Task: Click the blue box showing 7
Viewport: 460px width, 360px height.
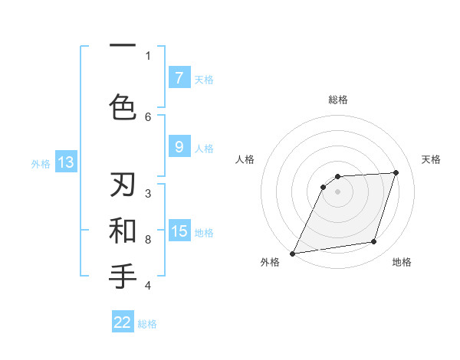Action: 179,77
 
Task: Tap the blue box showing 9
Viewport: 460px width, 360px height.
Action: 179,147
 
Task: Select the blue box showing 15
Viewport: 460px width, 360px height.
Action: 179,231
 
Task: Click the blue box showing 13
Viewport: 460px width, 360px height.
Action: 65,162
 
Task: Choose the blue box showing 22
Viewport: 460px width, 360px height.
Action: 123,322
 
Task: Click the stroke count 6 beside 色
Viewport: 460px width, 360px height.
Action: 148,116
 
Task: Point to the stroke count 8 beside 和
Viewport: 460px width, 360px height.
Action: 148,240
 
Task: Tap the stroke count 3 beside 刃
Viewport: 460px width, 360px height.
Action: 148,193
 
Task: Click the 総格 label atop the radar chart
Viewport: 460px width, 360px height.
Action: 337,100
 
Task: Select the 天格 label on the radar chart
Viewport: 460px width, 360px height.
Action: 431,159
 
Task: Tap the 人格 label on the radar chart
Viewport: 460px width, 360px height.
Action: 245,159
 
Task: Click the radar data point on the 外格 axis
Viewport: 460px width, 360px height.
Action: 292,254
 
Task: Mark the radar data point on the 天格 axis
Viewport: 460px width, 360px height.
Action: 396,172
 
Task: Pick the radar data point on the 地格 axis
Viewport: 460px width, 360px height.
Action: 374,242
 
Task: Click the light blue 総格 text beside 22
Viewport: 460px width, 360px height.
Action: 147,324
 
